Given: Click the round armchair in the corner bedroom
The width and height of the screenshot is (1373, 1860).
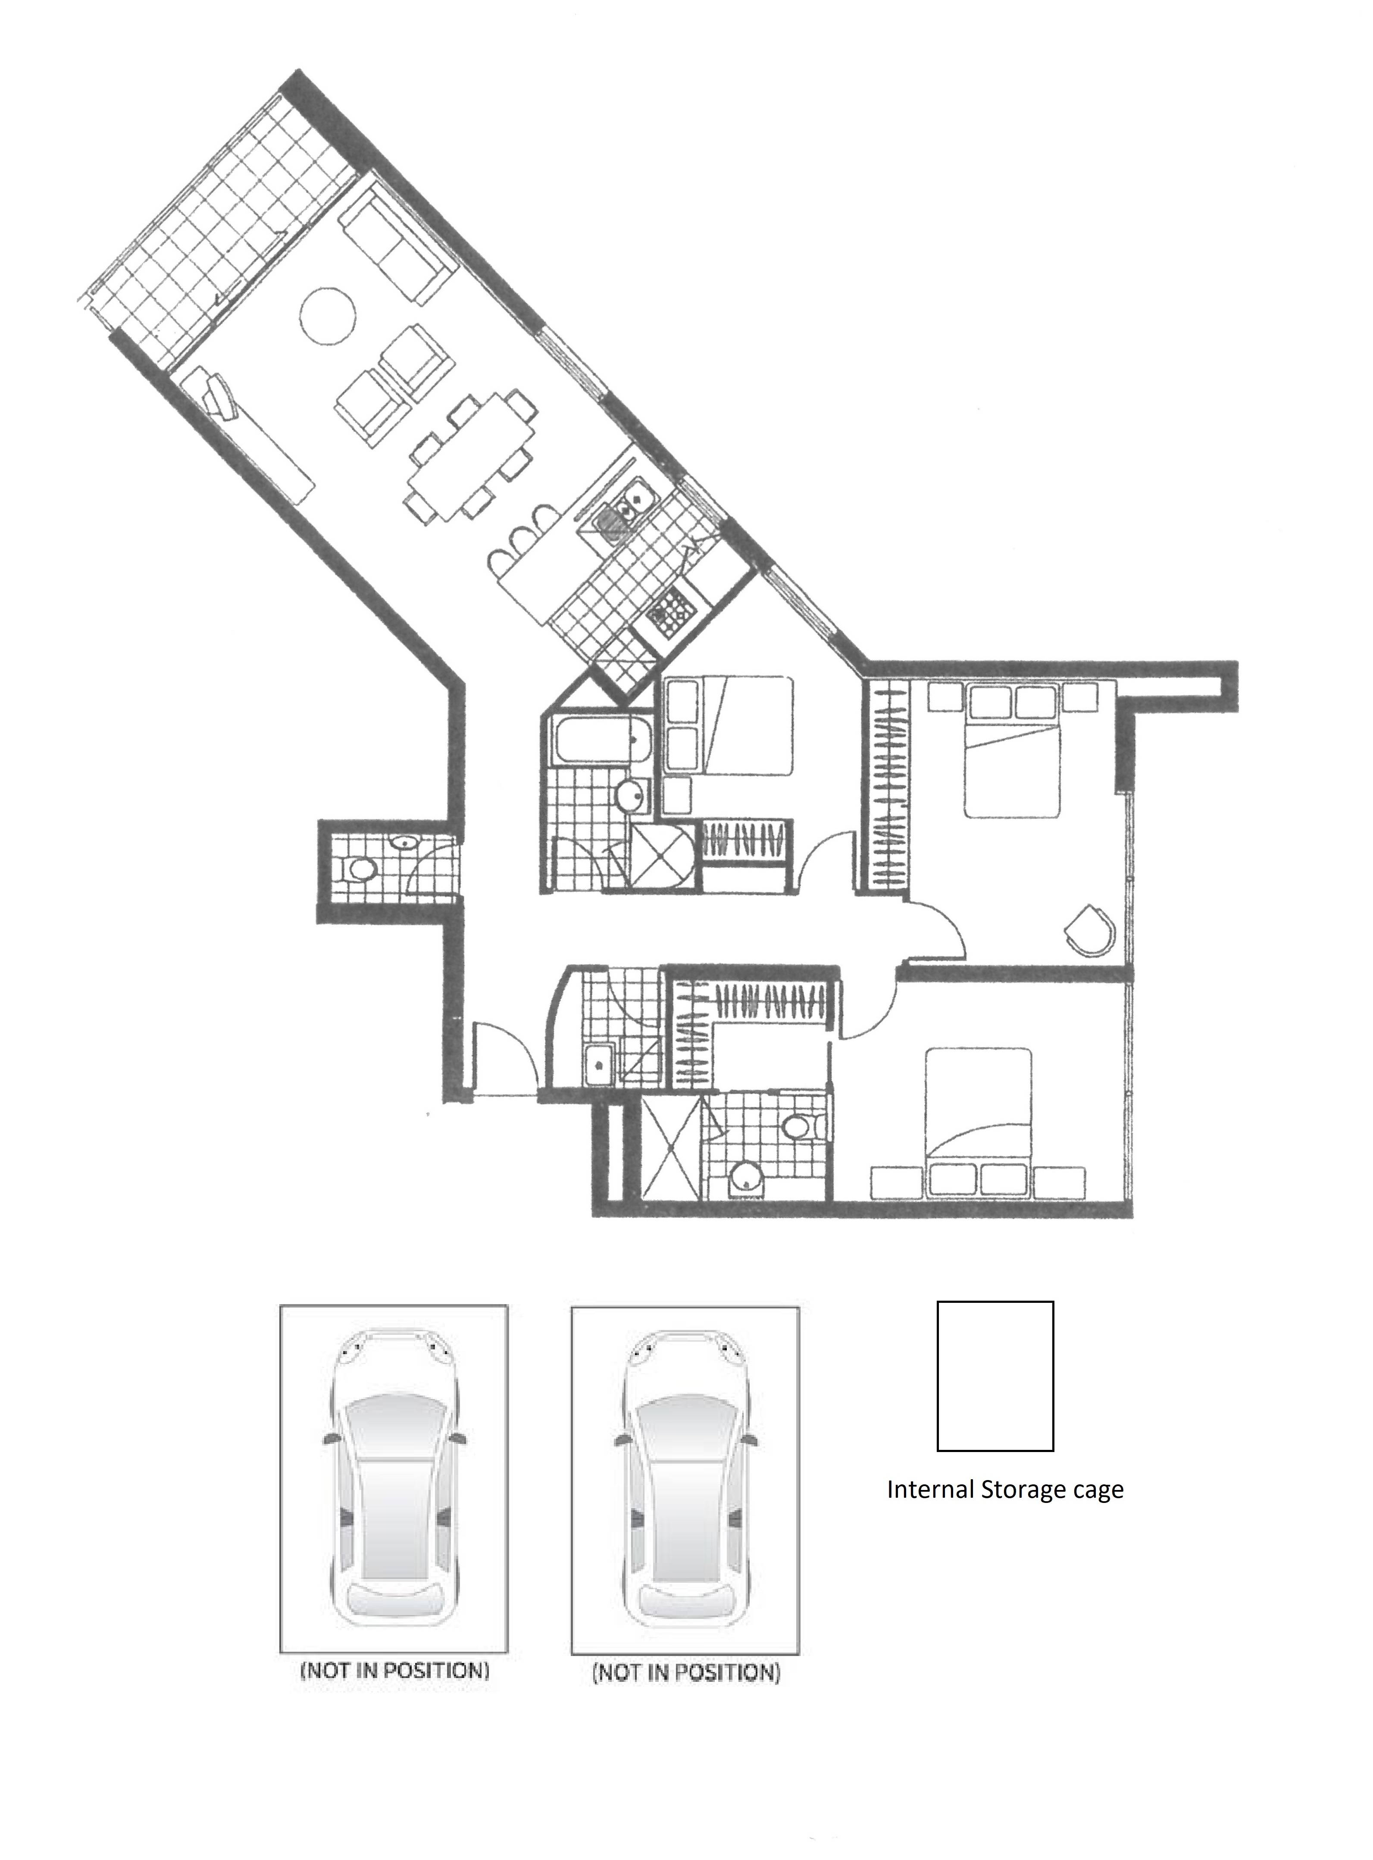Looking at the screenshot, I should click(1090, 930).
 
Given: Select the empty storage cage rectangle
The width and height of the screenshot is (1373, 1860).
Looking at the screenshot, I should click(995, 1376).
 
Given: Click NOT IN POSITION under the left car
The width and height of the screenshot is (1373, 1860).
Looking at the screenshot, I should click(394, 1669).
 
